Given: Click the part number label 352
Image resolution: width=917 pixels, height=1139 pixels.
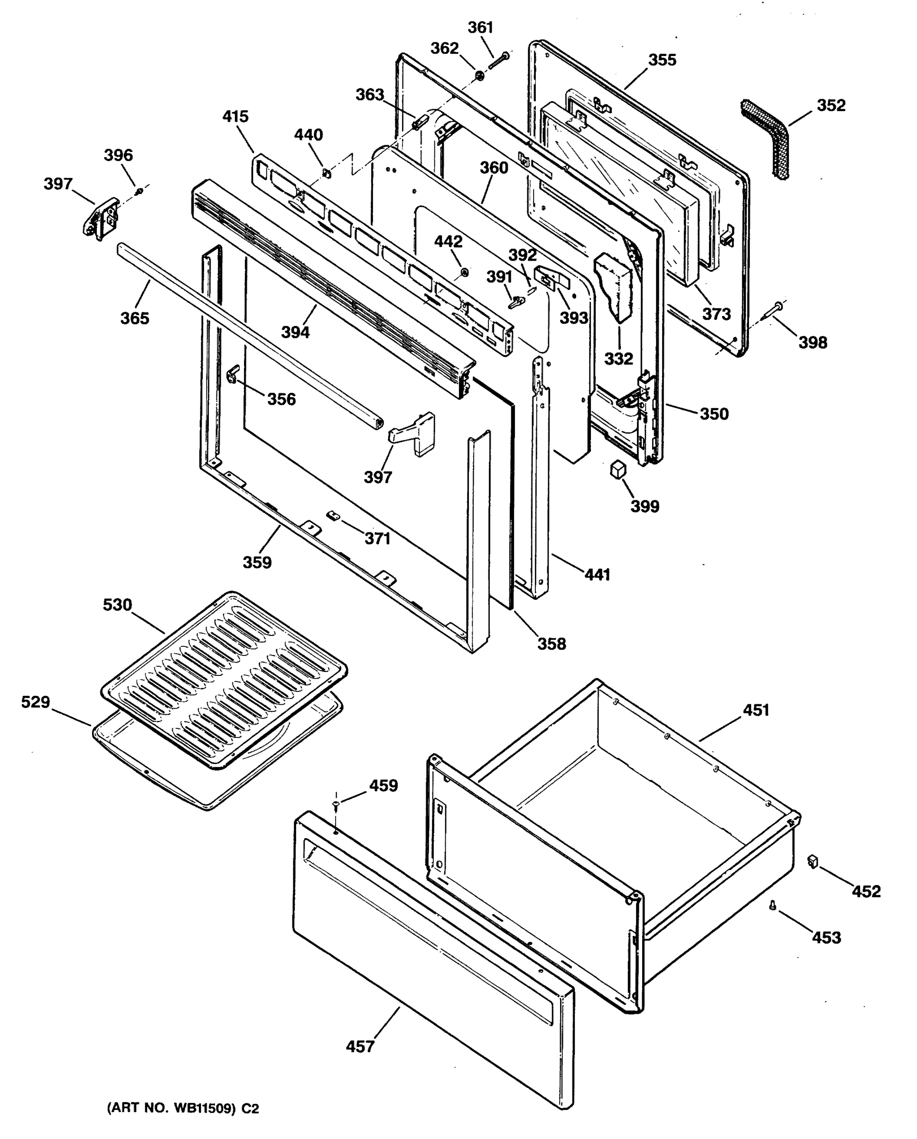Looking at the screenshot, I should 831,106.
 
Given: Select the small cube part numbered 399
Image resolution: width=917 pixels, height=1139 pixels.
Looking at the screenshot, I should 617,469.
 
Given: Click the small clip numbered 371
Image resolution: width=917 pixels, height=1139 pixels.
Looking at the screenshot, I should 333,515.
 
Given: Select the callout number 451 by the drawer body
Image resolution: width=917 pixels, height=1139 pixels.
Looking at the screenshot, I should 756,710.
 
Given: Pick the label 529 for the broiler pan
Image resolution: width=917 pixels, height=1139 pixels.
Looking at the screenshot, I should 36,702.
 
